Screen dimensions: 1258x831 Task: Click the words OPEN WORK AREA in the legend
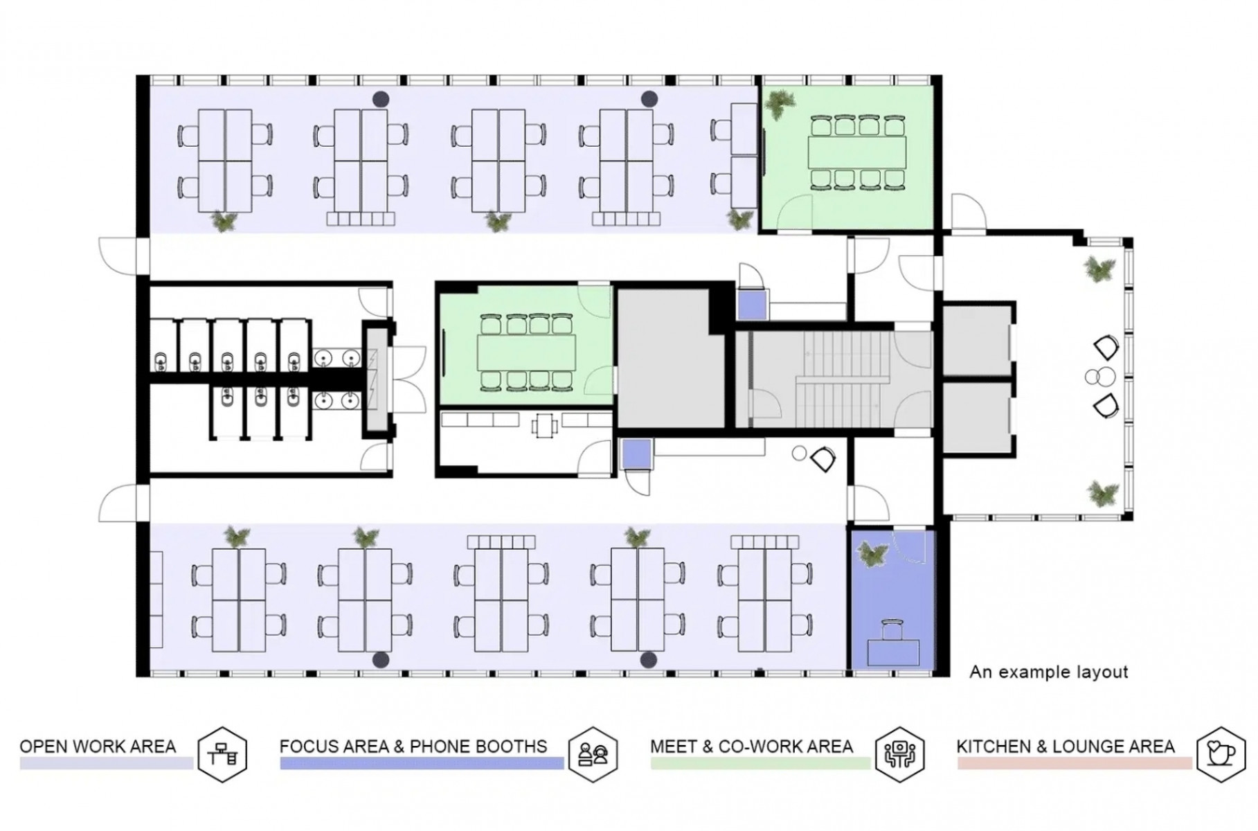pyautogui.click(x=98, y=747)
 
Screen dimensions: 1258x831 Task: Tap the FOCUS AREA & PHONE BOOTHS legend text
pyautogui.click(x=413, y=747)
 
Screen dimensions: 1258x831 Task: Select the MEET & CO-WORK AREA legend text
pyautogui.click(x=751, y=747)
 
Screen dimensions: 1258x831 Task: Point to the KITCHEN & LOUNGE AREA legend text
pyautogui.click(x=1066, y=747)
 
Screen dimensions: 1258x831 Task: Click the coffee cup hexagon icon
pyautogui.click(x=1221, y=754)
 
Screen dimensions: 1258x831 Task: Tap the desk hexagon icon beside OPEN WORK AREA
pyautogui.click(x=222, y=754)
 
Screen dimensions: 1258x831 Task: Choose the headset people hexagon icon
pyautogui.click(x=593, y=754)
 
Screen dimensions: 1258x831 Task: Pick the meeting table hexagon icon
pyautogui.click(x=899, y=754)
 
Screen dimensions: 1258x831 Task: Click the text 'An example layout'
pyautogui.click(x=1049, y=672)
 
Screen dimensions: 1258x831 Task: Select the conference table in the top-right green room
pyautogui.click(x=857, y=153)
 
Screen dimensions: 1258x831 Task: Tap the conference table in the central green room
pyautogui.click(x=526, y=352)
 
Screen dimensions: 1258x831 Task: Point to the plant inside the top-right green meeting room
pyautogui.click(x=780, y=104)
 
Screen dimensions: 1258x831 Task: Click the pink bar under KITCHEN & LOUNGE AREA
pyautogui.click(x=1074, y=763)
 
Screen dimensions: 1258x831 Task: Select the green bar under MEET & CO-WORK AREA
pyautogui.click(x=760, y=763)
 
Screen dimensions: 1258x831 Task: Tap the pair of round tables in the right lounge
pyautogui.click(x=1100, y=377)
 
